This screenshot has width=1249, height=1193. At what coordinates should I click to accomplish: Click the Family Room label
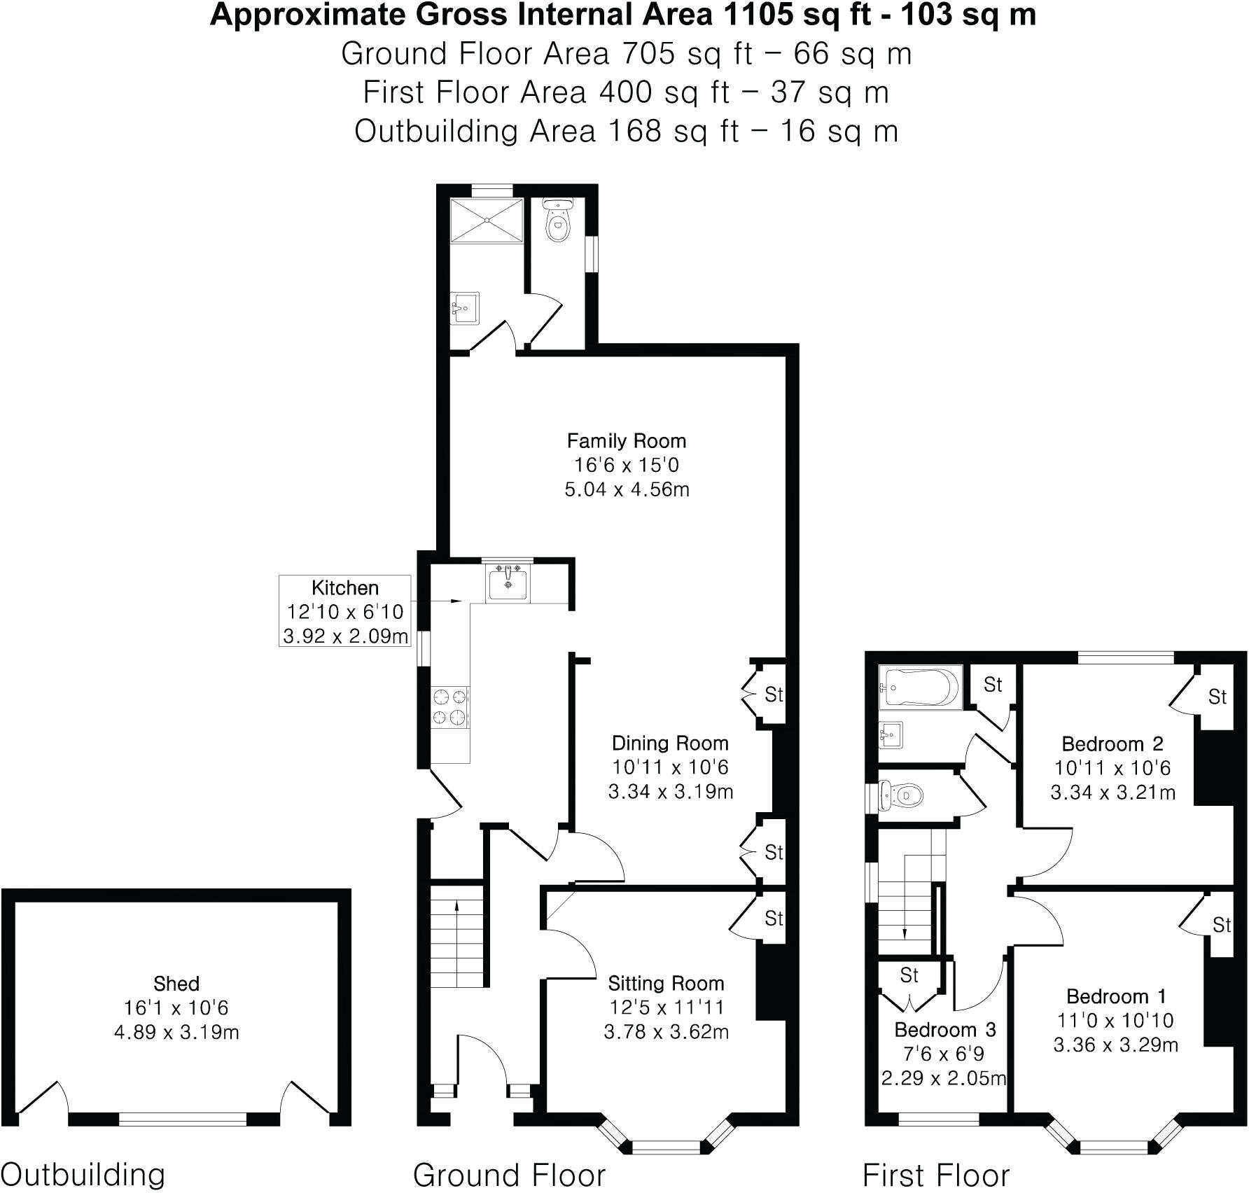626,441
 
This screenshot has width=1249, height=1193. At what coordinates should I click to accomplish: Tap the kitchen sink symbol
508,582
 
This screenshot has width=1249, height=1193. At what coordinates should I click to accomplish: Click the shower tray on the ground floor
486,221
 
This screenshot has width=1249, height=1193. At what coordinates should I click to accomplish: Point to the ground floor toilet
558,220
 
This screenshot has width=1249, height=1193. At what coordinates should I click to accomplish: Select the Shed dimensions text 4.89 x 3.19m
176,1033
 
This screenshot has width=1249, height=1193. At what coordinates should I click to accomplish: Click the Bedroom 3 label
945,1030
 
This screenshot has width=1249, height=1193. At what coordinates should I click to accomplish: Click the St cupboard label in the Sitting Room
773,918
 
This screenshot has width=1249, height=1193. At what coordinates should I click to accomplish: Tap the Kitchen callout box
344,611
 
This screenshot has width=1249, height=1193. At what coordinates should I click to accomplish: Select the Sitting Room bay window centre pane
667,1146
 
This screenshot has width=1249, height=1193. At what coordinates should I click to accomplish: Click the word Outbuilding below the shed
84,1174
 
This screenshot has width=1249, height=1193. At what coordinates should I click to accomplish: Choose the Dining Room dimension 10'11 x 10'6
670,767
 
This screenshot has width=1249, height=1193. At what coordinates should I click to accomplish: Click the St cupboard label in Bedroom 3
909,975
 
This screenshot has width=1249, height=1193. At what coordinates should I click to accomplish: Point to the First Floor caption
936,1175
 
